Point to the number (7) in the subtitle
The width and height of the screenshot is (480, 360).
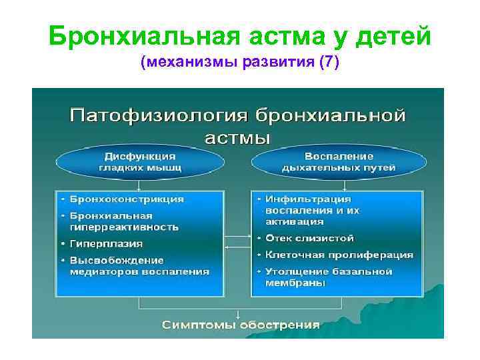point(329,63)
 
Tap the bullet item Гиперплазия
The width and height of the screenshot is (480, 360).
point(106,243)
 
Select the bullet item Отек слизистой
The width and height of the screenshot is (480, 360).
point(309,238)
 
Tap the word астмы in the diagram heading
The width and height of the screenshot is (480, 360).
point(237,137)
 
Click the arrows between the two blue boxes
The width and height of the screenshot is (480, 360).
point(238,241)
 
